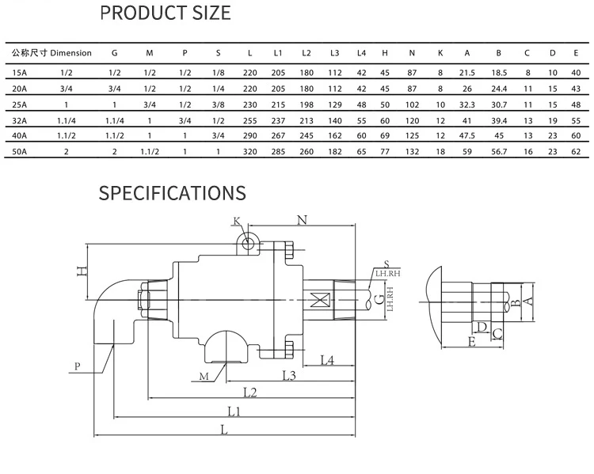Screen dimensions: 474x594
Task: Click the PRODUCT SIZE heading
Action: coord(166,13)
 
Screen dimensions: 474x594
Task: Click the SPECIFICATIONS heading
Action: coord(172,193)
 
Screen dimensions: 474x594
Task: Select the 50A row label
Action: coord(20,150)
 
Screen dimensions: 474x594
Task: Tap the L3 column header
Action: coord(334,53)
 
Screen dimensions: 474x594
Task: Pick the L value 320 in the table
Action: coord(249,150)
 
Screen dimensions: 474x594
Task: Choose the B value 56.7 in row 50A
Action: coord(498,150)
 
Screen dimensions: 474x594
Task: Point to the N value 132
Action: coord(412,150)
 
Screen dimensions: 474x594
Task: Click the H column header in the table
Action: coord(384,53)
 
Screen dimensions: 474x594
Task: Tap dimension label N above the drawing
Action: coord(301,219)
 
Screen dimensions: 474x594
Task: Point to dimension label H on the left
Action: coord(80,271)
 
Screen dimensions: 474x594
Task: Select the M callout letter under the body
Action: coord(204,377)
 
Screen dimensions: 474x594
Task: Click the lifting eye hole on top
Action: coord(248,243)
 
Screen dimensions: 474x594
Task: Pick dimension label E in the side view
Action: coord(471,342)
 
